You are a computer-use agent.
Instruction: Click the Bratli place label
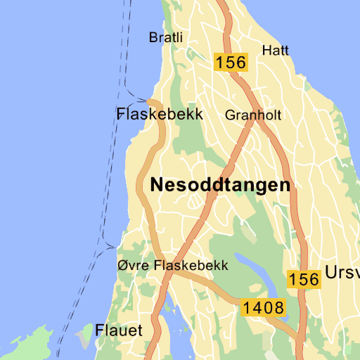(x=165, y=37)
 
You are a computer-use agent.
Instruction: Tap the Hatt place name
(x=275, y=50)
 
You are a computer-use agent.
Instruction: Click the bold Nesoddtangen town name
(x=220, y=185)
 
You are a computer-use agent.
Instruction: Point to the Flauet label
(x=119, y=330)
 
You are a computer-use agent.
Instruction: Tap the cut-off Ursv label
(x=342, y=273)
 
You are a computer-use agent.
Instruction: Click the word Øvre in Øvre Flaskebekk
(x=134, y=266)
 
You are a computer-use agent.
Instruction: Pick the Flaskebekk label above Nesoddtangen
(x=160, y=114)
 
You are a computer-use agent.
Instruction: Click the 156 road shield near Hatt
(x=231, y=62)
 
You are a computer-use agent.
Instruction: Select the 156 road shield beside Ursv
(x=304, y=279)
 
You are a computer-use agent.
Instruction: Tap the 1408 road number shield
(x=264, y=307)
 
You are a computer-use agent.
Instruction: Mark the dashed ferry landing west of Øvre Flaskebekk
(x=114, y=247)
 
